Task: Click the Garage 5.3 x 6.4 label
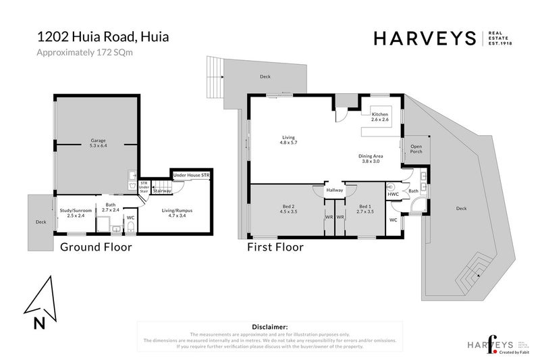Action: click(98, 144)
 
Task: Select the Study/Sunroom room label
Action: click(73, 213)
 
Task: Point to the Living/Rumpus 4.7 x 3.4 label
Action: click(180, 213)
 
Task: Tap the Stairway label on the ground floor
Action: click(161, 191)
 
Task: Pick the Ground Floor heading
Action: click(96, 247)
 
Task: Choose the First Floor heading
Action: click(275, 247)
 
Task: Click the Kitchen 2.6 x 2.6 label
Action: click(380, 118)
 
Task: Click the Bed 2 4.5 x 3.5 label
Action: click(288, 209)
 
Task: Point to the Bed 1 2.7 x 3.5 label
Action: click(364, 209)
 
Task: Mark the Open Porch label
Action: click(416, 149)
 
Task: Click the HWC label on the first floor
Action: click(393, 195)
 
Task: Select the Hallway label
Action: click(335, 190)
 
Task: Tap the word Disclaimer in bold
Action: click(269, 326)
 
